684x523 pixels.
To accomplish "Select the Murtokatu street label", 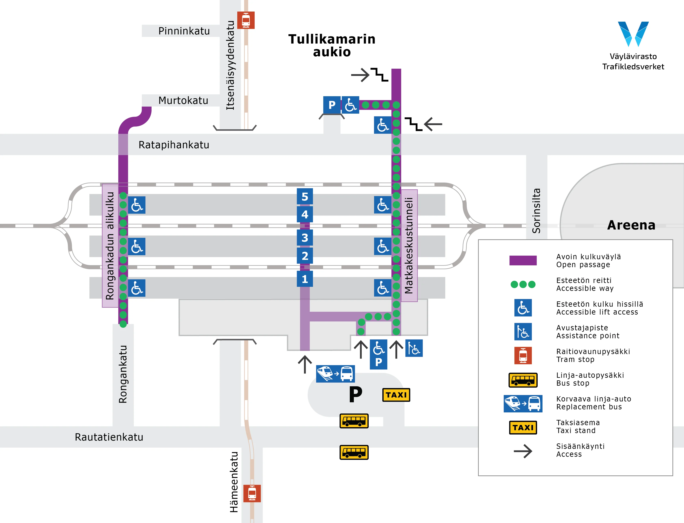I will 183,100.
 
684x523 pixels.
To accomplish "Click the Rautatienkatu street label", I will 109,437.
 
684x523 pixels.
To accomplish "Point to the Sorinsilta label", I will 536,211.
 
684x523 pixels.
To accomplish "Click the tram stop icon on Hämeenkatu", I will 252,493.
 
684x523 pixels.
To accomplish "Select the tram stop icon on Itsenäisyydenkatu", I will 246,20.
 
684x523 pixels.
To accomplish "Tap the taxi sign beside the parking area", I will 396,395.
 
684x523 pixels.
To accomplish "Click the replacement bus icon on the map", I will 335,374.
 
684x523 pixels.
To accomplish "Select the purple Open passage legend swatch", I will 523,260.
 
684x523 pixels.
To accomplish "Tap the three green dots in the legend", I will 523,284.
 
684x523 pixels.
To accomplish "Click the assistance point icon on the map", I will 414,348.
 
